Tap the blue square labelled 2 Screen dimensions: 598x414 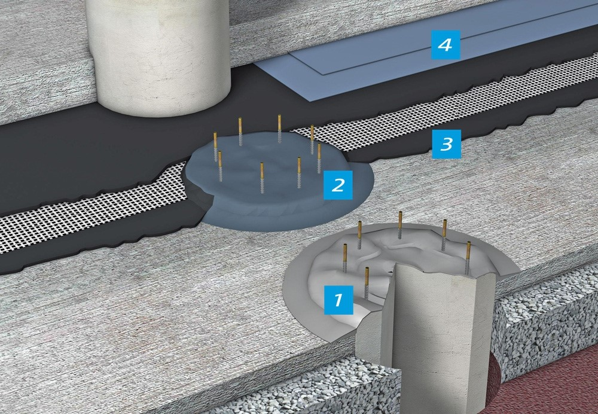pyautogui.click(x=338, y=185)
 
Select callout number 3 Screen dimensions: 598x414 pyautogui.click(x=446, y=144)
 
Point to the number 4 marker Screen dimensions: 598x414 pyautogui.click(x=446, y=45)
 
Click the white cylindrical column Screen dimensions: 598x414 pyautogui.click(x=158, y=53)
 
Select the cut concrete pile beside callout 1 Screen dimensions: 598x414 pyautogui.click(x=427, y=336)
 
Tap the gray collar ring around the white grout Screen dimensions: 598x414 pyautogui.click(x=295, y=290)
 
